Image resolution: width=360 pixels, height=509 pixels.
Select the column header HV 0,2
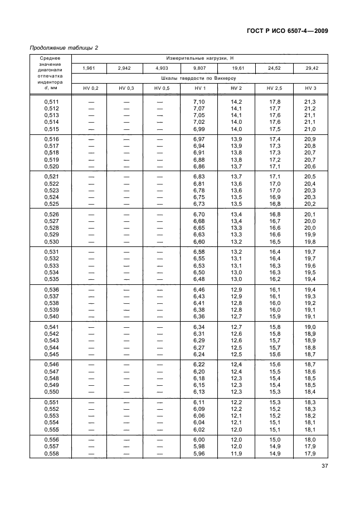[x=90, y=89]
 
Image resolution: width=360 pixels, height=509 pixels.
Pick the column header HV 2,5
[x=274, y=89]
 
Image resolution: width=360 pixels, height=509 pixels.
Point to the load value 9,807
[x=200, y=68]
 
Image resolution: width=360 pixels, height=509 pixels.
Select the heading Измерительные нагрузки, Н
[x=200, y=58]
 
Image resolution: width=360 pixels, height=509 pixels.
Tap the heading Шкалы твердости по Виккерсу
[x=200, y=79]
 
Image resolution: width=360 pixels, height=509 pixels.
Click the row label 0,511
[x=51, y=101]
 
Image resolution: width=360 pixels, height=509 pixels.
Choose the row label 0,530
[x=51, y=241]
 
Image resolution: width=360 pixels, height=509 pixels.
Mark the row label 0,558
[x=51, y=453]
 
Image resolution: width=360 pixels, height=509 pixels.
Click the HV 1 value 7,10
[x=200, y=101]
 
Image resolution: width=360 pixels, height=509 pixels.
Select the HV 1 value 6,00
[x=200, y=439]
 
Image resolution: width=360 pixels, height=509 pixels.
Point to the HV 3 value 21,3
[x=310, y=101]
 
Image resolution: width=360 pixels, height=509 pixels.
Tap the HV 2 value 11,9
[x=237, y=453]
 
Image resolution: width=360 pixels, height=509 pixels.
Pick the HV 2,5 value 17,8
[x=274, y=101]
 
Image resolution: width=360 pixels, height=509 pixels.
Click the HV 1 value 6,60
[x=200, y=241]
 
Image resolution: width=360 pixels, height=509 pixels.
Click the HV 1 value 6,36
[x=200, y=317]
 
